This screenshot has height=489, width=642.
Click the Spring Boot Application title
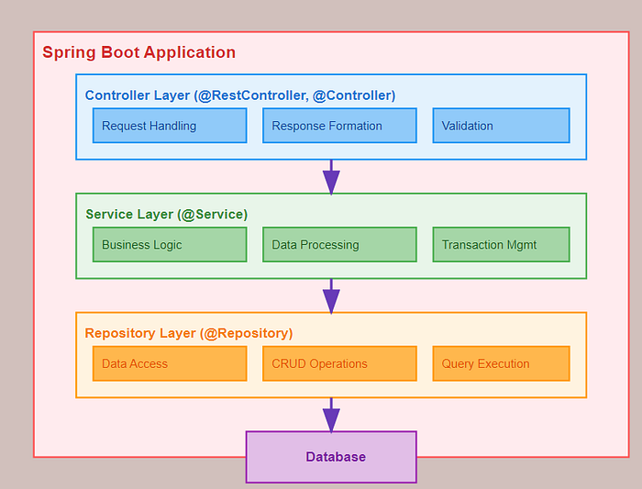tap(138, 53)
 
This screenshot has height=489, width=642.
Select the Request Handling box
tap(170, 126)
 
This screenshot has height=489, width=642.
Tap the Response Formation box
tap(339, 126)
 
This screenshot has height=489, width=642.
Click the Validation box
tap(501, 126)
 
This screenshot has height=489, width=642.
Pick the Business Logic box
tap(170, 245)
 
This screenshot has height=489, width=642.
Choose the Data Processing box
tap(339, 245)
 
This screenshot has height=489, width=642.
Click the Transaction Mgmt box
tap(501, 245)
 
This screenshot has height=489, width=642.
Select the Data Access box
tap(170, 363)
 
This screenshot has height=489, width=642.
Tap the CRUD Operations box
tap(339, 363)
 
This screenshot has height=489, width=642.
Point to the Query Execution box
tap(501, 363)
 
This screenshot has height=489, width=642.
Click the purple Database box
tap(331, 457)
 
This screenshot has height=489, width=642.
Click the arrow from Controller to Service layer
tap(331, 176)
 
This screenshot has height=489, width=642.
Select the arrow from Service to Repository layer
tap(331, 295)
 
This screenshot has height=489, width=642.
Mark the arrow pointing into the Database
tap(331, 415)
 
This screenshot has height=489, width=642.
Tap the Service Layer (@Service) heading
tap(166, 215)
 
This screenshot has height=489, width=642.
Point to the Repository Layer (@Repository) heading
tap(188, 333)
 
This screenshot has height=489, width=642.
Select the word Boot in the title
tap(114, 53)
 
